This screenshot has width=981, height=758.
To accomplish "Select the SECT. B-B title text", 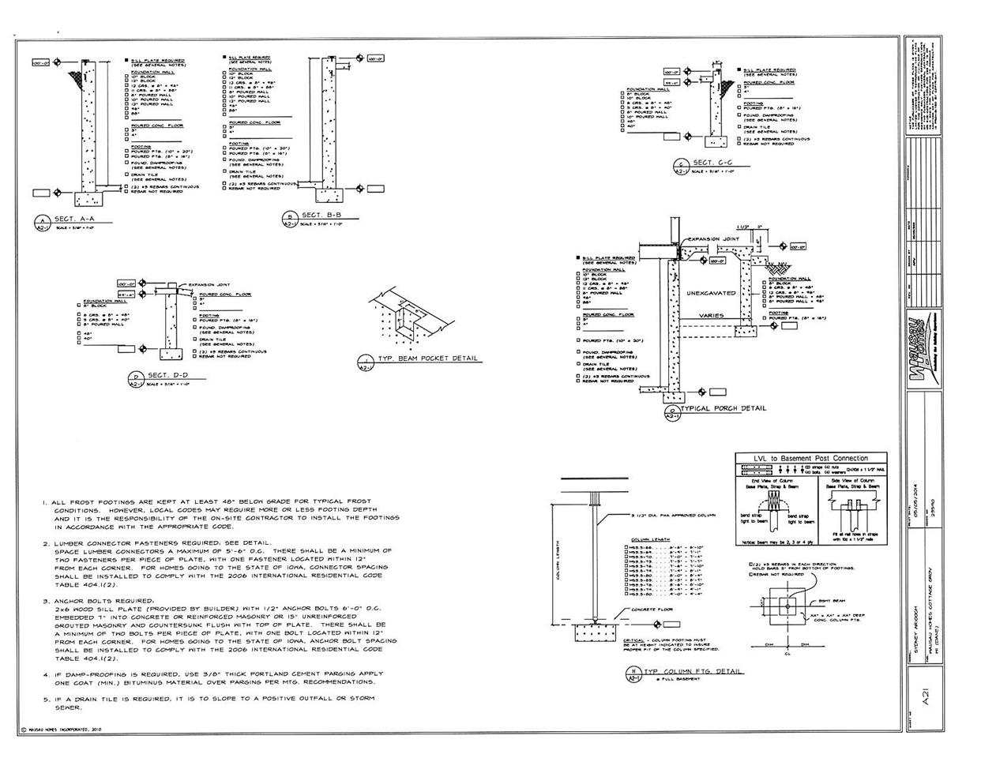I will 322,215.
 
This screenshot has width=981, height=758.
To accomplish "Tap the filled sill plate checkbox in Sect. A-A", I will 126,60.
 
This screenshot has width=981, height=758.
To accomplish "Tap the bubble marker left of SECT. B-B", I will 290,219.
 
